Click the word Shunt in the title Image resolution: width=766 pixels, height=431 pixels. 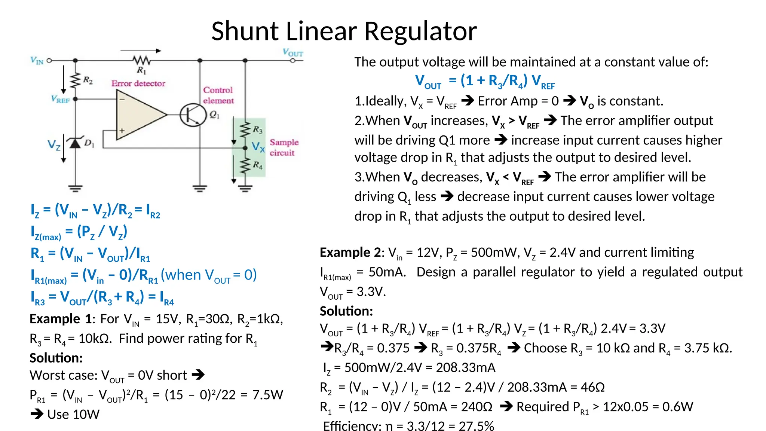click(x=245, y=31)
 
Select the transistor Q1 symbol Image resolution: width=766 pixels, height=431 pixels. click(x=193, y=114)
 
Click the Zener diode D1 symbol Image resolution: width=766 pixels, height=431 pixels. click(x=76, y=143)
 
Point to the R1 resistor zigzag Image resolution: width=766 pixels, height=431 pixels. click(x=142, y=60)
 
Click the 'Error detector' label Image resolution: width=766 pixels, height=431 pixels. click(x=138, y=83)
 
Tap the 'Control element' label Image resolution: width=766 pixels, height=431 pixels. click(x=218, y=95)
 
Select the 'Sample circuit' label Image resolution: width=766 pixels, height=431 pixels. click(x=284, y=147)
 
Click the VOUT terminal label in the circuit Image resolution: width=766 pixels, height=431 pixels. click(x=292, y=53)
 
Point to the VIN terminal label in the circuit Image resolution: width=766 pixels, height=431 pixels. click(x=37, y=60)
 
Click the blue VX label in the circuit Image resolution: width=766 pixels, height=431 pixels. click(x=258, y=146)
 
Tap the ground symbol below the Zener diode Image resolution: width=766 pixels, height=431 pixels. click(x=76, y=188)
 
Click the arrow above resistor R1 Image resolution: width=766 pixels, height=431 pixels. click(x=141, y=51)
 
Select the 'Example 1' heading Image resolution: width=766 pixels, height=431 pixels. click(x=61, y=319)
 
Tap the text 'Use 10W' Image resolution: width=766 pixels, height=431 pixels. click(x=73, y=415)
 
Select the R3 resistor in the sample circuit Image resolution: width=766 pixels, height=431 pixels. click(x=245, y=130)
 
